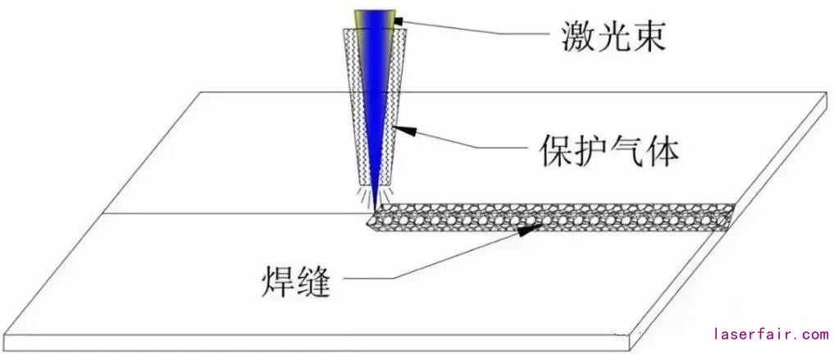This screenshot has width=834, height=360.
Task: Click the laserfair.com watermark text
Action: point(772,335)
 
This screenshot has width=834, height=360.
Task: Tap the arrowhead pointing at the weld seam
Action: point(530,229)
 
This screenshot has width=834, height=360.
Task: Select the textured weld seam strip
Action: point(558,215)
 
